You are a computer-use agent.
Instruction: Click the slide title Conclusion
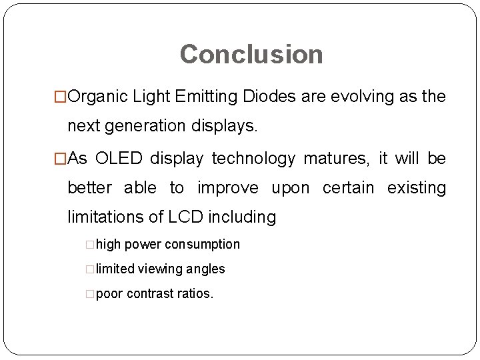click(251, 54)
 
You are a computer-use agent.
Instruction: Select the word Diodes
click(270, 97)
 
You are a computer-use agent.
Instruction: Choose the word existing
click(416, 188)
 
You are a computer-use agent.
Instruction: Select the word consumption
click(202, 245)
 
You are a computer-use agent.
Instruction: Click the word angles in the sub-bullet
click(207, 269)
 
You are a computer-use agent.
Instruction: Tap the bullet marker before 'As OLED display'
click(61, 159)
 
